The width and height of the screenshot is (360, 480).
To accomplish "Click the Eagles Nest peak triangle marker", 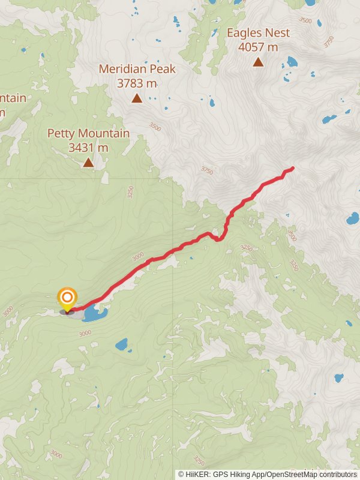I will (x=258, y=62).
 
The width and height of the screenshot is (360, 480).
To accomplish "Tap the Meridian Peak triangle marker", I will (x=137, y=98).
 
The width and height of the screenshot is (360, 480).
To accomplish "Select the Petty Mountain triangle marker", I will (x=88, y=162).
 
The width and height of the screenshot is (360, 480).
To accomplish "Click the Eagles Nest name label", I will (x=258, y=33).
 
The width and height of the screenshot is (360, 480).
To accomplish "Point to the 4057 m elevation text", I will (x=258, y=47).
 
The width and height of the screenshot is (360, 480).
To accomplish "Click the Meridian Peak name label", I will (x=137, y=69).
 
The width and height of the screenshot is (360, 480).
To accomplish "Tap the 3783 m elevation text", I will (x=137, y=83).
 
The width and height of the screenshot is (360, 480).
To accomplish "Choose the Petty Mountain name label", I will (x=88, y=133).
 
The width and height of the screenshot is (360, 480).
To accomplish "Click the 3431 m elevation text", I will (x=88, y=147).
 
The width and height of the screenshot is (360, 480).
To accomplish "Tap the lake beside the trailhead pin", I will (x=95, y=313).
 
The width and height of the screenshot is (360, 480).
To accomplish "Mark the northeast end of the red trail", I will (x=292, y=168).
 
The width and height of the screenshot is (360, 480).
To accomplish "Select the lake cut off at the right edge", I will (x=353, y=218).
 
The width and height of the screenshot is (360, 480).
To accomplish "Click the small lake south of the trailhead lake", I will (x=122, y=344).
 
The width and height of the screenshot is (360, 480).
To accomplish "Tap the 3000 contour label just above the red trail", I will (x=138, y=256).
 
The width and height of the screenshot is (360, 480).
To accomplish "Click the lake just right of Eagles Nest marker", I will (x=292, y=61).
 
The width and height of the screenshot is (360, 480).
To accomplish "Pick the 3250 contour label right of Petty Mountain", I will (x=130, y=191).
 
